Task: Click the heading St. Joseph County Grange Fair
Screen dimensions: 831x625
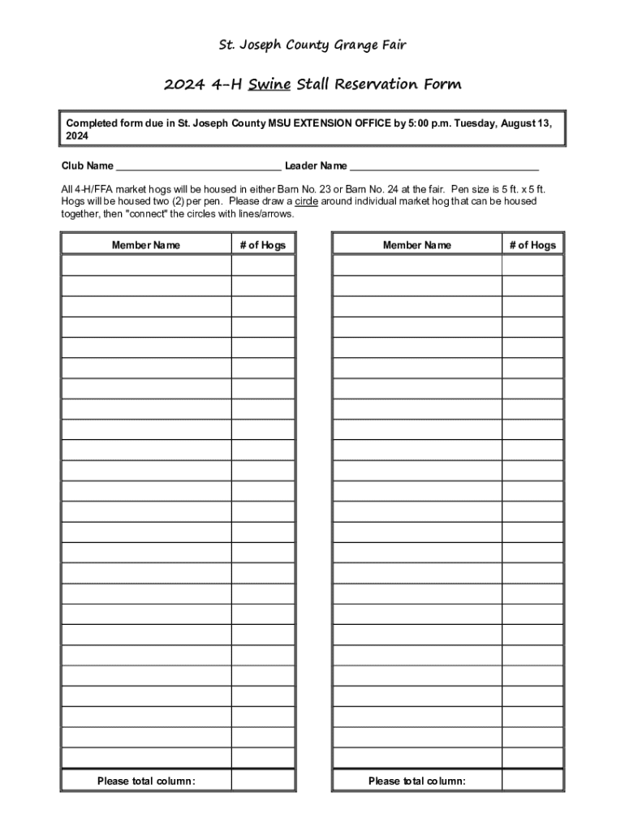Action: (x=312, y=45)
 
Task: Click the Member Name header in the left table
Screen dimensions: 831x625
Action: (x=146, y=245)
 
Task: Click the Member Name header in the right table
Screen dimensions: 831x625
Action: (x=417, y=245)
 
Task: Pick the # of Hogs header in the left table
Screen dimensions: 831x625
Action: (x=263, y=245)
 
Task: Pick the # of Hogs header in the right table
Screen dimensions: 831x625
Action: (x=532, y=245)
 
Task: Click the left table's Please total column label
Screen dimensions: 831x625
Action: (x=146, y=781)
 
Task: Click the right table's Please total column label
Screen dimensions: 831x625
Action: (x=417, y=781)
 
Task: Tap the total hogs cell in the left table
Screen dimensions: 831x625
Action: (x=263, y=780)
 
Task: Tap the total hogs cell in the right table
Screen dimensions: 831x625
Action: (x=532, y=780)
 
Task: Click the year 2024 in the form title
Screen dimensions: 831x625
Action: (x=181, y=84)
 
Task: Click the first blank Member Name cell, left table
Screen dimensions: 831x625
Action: (x=146, y=265)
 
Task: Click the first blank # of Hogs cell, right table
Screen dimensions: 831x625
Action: (x=532, y=265)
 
